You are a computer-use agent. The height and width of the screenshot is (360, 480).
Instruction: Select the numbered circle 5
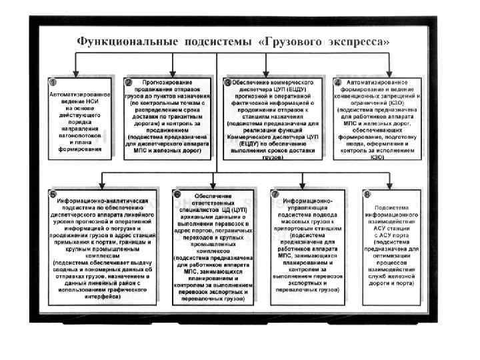pos(53,194)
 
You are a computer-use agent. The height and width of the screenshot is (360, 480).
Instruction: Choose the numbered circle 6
pos(177,194)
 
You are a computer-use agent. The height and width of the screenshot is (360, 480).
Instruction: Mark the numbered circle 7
pos(275,194)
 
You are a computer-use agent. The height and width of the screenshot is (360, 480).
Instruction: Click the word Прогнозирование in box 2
pos(173,82)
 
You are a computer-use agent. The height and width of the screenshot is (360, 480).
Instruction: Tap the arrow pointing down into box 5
pos(101,183)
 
